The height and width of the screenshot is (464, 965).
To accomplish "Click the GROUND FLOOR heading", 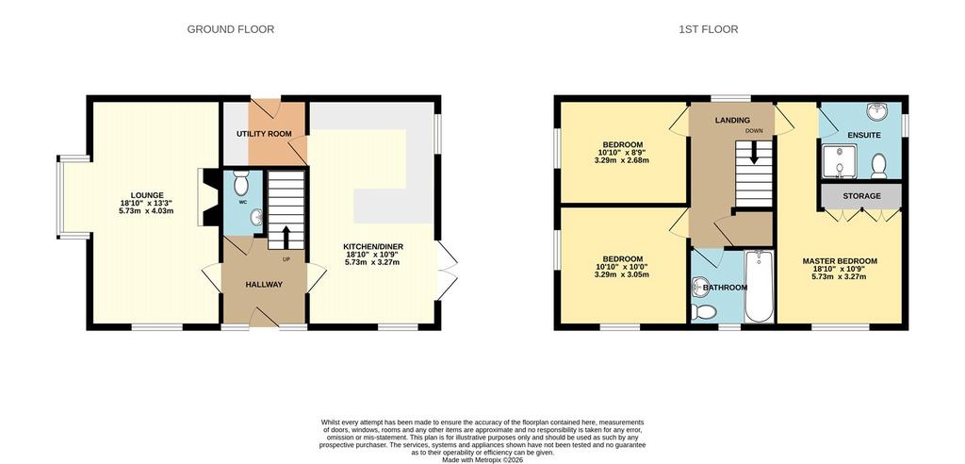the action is click(x=231, y=29).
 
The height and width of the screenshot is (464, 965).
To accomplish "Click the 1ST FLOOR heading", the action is click(x=709, y=29).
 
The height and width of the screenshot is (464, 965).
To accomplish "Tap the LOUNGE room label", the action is click(x=146, y=195).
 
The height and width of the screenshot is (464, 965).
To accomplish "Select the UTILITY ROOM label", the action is click(x=264, y=134).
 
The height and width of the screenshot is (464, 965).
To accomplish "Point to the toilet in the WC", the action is click(x=241, y=183).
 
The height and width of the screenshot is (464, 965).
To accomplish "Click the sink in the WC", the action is click(x=256, y=217).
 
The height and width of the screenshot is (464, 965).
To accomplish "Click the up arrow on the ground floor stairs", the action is click(x=286, y=237).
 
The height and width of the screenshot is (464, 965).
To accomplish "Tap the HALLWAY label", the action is click(x=264, y=284).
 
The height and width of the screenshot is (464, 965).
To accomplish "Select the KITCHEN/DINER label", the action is click(x=373, y=246).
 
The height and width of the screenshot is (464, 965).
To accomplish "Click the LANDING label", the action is click(x=732, y=120).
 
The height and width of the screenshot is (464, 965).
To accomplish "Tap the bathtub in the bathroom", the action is click(x=761, y=286).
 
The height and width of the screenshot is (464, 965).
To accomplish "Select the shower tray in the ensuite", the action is click(x=837, y=161).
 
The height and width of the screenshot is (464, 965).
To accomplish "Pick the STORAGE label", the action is click(x=861, y=196).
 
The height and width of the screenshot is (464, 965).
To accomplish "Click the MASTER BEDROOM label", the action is click(x=840, y=260).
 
